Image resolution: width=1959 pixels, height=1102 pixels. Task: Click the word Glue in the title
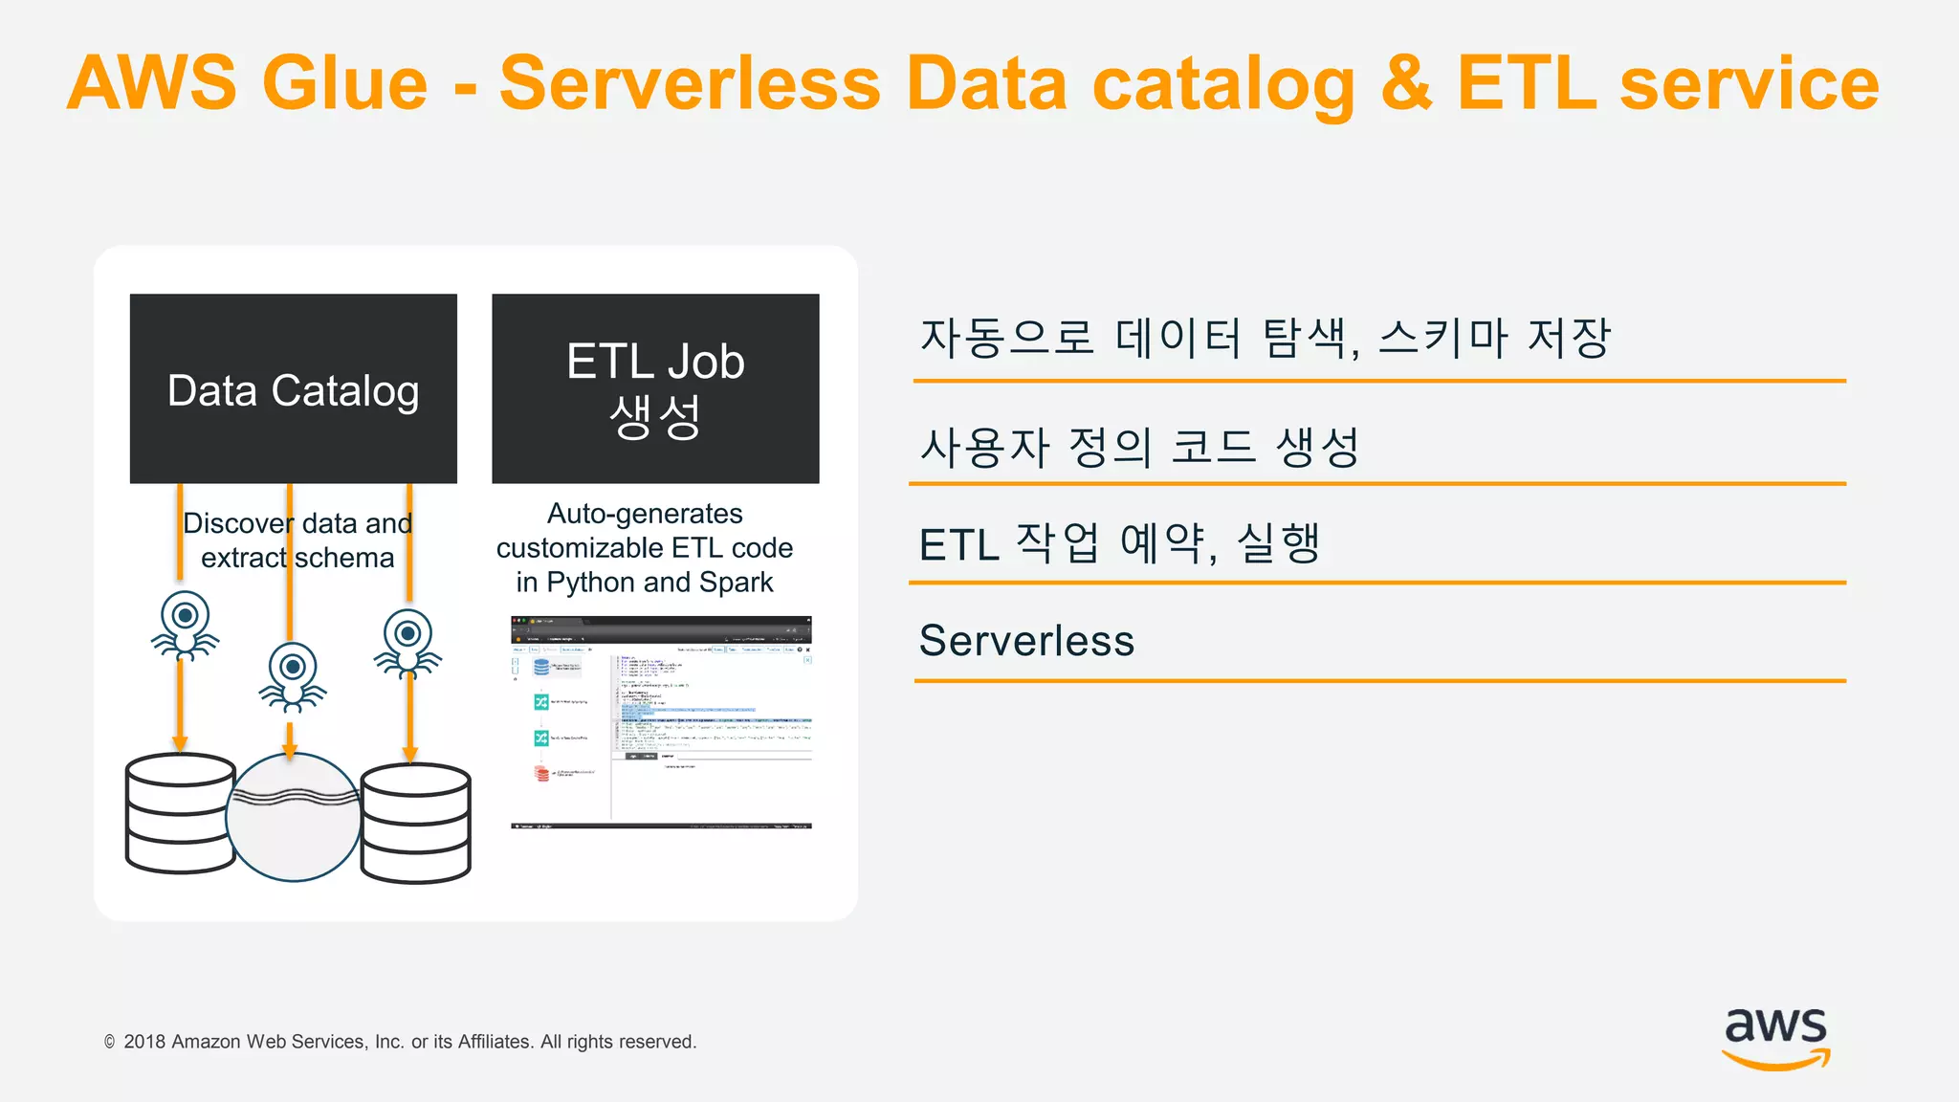pos(344,83)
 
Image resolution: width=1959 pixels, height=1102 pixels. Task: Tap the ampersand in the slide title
pos(1406,83)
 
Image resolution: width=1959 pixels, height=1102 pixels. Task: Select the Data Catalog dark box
pos(293,388)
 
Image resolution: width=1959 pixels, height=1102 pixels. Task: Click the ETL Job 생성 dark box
pos(655,388)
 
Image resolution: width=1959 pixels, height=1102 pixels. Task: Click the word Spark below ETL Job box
pos(736,582)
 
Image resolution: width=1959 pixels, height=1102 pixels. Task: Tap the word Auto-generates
pos(645,514)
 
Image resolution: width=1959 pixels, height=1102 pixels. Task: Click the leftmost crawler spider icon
pos(185,626)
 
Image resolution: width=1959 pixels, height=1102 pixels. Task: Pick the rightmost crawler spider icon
pos(408,643)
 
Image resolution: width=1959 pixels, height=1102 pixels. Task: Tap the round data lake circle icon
pos(293,818)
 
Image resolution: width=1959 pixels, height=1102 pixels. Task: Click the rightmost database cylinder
pos(416,823)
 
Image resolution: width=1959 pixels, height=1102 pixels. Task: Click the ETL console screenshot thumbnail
pos(661,722)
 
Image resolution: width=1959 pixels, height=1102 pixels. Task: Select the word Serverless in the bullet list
pos(1026,640)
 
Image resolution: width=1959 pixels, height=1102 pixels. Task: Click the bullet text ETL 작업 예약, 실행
pos(1119,543)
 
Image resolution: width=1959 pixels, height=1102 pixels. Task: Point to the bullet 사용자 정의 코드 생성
pos(1138,447)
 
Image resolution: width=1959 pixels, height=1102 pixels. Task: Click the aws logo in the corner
pos(1775,1037)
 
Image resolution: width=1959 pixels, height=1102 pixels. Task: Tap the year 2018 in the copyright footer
pos(144,1042)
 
